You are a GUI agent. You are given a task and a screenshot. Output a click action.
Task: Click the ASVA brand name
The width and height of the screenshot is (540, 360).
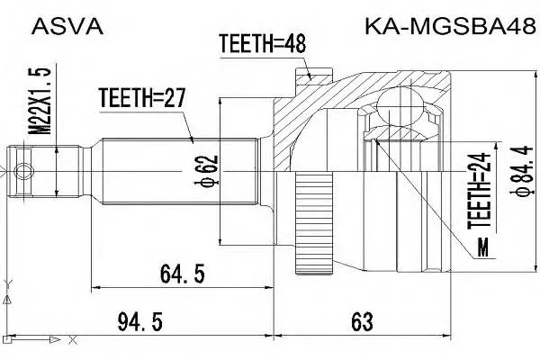[x=67, y=26]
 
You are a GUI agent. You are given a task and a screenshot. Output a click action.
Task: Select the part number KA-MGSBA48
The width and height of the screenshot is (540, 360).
[x=450, y=26]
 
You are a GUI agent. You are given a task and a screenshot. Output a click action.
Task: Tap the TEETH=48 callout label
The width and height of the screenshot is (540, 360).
[x=263, y=44]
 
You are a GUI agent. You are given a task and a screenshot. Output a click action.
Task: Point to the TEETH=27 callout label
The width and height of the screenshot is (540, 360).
[x=142, y=97]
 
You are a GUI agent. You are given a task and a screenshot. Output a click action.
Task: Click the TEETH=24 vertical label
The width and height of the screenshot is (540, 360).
[x=479, y=191]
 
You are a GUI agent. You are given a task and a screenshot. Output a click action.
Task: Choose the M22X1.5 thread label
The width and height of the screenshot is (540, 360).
[x=39, y=101]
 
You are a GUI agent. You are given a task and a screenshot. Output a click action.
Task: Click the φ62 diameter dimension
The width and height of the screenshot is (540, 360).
[x=206, y=171]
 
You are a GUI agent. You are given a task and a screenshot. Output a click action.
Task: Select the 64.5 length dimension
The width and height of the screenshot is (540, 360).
[x=183, y=274]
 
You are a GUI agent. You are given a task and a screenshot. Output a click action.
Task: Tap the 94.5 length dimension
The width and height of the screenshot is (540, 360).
[x=139, y=322]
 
